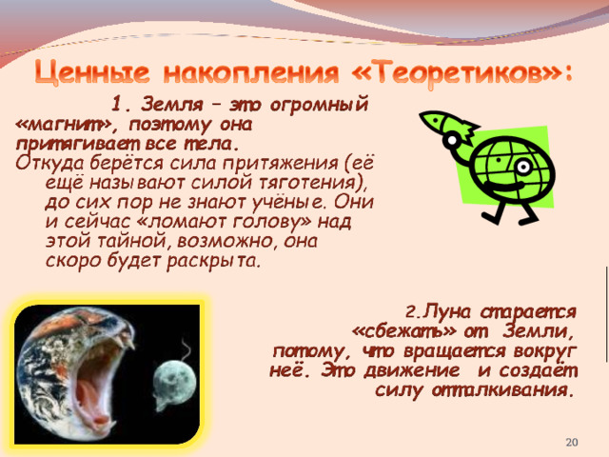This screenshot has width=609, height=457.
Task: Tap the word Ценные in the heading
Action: pos(91,72)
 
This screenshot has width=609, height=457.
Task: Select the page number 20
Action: pos(572,442)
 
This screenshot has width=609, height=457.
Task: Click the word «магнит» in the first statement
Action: pos(63,125)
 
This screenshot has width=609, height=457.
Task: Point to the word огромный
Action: pos(319,105)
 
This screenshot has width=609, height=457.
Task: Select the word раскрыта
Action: pos(213,261)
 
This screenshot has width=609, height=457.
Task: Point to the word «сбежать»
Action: pos(403,331)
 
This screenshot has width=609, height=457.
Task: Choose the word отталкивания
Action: pos(502,389)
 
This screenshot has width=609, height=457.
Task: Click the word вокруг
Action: pos(545,352)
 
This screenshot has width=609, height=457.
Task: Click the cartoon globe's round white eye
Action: pos(524,168)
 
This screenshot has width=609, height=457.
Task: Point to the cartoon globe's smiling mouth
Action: pos(501,186)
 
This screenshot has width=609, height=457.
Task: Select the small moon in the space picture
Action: pos(174,378)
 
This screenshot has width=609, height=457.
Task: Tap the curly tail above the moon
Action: pos(187,349)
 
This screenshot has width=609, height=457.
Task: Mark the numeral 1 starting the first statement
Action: pos(117,105)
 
